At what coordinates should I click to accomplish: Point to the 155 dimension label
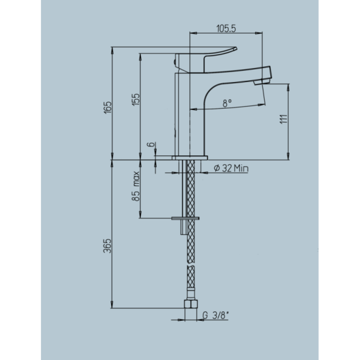pyautogui.click(x=136, y=99)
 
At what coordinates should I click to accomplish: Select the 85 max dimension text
pyautogui.click(x=136, y=188)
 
